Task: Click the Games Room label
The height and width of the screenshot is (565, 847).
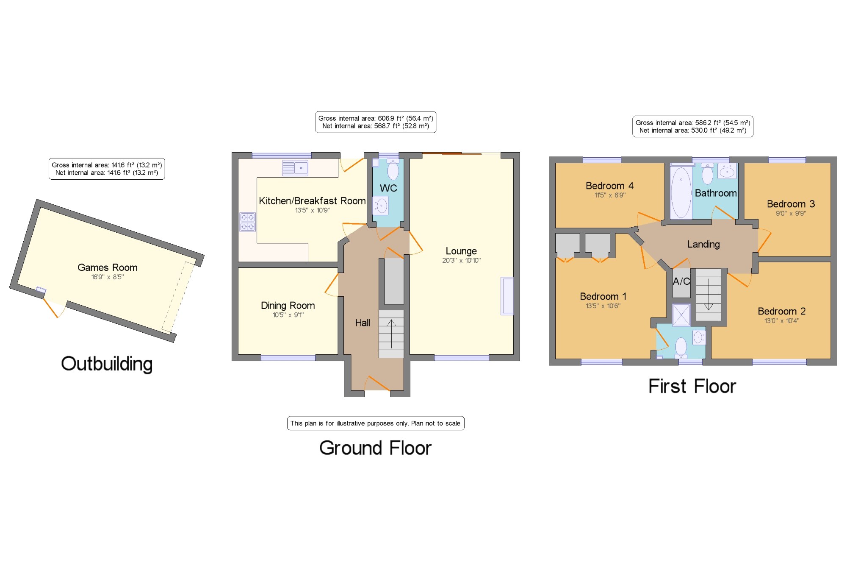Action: tap(108, 267)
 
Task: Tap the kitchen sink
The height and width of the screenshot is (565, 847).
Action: tap(295, 168)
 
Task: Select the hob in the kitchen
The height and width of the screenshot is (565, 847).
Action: tap(248, 222)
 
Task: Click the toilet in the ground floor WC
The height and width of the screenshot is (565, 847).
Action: tap(393, 170)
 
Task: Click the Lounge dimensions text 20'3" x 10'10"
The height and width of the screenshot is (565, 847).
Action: tap(461, 261)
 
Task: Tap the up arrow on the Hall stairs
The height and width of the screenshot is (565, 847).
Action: tap(391, 334)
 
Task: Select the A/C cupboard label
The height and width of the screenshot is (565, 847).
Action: tap(681, 281)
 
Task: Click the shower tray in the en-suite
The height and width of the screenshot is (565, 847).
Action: tap(681, 315)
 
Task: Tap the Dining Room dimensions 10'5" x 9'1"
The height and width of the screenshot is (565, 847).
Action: tap(288, 315)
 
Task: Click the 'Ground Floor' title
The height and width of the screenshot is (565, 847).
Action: tap(375, 448)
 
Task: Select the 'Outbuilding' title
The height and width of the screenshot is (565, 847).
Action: tap(107, 364)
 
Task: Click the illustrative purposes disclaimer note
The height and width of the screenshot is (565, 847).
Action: tap(376, 423)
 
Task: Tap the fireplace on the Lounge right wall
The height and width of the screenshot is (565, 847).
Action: tap(507, 296)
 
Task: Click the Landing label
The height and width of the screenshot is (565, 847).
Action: tap(703, 244)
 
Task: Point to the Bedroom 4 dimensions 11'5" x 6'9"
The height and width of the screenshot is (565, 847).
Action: tap(610, 195)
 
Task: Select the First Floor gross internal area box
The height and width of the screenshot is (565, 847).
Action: tap(693, 127)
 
